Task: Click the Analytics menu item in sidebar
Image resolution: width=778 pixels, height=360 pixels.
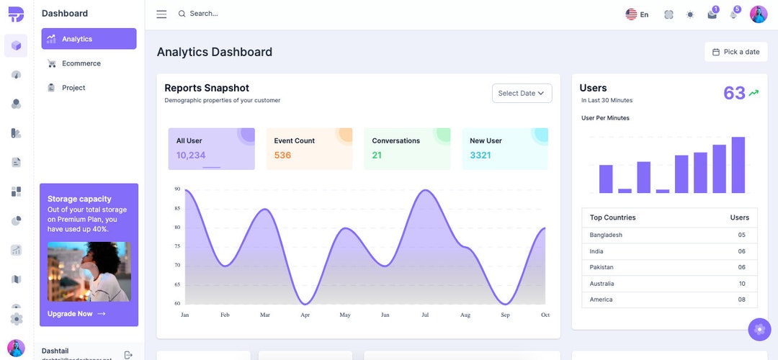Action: [x=77, y=39]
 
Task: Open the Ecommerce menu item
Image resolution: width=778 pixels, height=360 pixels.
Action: [x=81, y=63]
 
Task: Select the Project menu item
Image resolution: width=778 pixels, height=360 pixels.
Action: [x=73, y=88]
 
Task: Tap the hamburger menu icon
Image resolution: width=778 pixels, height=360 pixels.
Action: [x=161, y=14]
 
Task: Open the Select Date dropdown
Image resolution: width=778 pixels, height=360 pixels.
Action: [x=522, y=93]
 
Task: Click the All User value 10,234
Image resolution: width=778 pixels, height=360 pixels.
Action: [x=191, y=156]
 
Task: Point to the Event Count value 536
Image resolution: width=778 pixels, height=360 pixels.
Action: [x=282, y=156]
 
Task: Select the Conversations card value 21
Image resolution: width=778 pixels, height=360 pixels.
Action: [x=377, y=156]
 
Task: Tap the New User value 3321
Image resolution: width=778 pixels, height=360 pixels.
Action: [x=480, y=156]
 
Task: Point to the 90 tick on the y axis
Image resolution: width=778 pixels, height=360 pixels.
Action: [x=177, y=189]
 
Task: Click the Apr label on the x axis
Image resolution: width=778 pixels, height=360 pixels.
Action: [x=305, y=315]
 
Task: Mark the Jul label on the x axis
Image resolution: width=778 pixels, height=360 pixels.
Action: [x=425, y=315]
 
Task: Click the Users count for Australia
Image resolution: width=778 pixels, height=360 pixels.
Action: [x=742, y=284]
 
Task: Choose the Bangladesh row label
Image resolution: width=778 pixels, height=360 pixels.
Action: [x=606, y=235]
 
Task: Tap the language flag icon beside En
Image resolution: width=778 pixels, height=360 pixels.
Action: [x=631, y=14]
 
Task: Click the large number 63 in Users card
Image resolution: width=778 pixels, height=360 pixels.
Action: [x=734, y=93]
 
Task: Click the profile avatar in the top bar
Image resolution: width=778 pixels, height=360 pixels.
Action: [x=759, y=14]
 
